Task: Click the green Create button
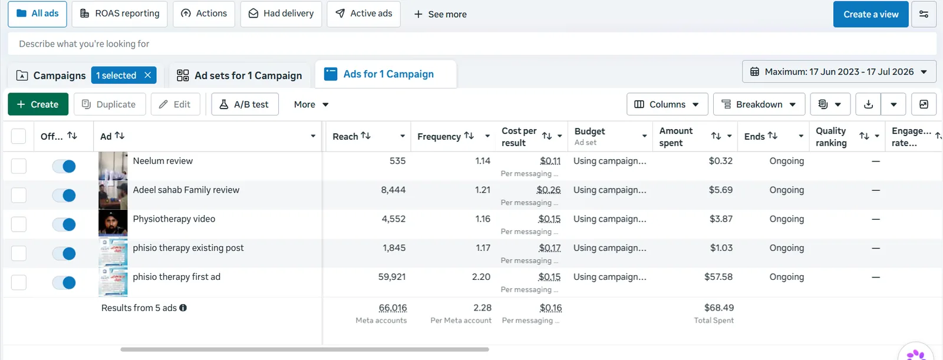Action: [38, 104]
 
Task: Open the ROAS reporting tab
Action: [120, 14]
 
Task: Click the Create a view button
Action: [871, 14]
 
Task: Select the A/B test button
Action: [245, 104]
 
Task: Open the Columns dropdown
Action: [667, 104]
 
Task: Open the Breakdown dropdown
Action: [759, 104]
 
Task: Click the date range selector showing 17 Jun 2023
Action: [839, 71]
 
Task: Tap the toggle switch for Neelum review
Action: [64, 166]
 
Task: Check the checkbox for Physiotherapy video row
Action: [18, 224]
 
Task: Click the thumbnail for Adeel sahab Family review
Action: [113, 196]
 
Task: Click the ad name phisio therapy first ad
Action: [176, 277]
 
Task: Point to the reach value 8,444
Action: [393, 190]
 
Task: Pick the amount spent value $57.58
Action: [718, 277]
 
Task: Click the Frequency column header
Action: [439, 137]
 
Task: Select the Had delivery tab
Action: [281, 14]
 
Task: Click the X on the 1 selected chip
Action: [147, 75]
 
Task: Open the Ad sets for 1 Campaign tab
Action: [239, 75]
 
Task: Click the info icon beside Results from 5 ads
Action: [183, 308]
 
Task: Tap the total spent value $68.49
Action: [719, 308]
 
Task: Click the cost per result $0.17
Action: [549, 248]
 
